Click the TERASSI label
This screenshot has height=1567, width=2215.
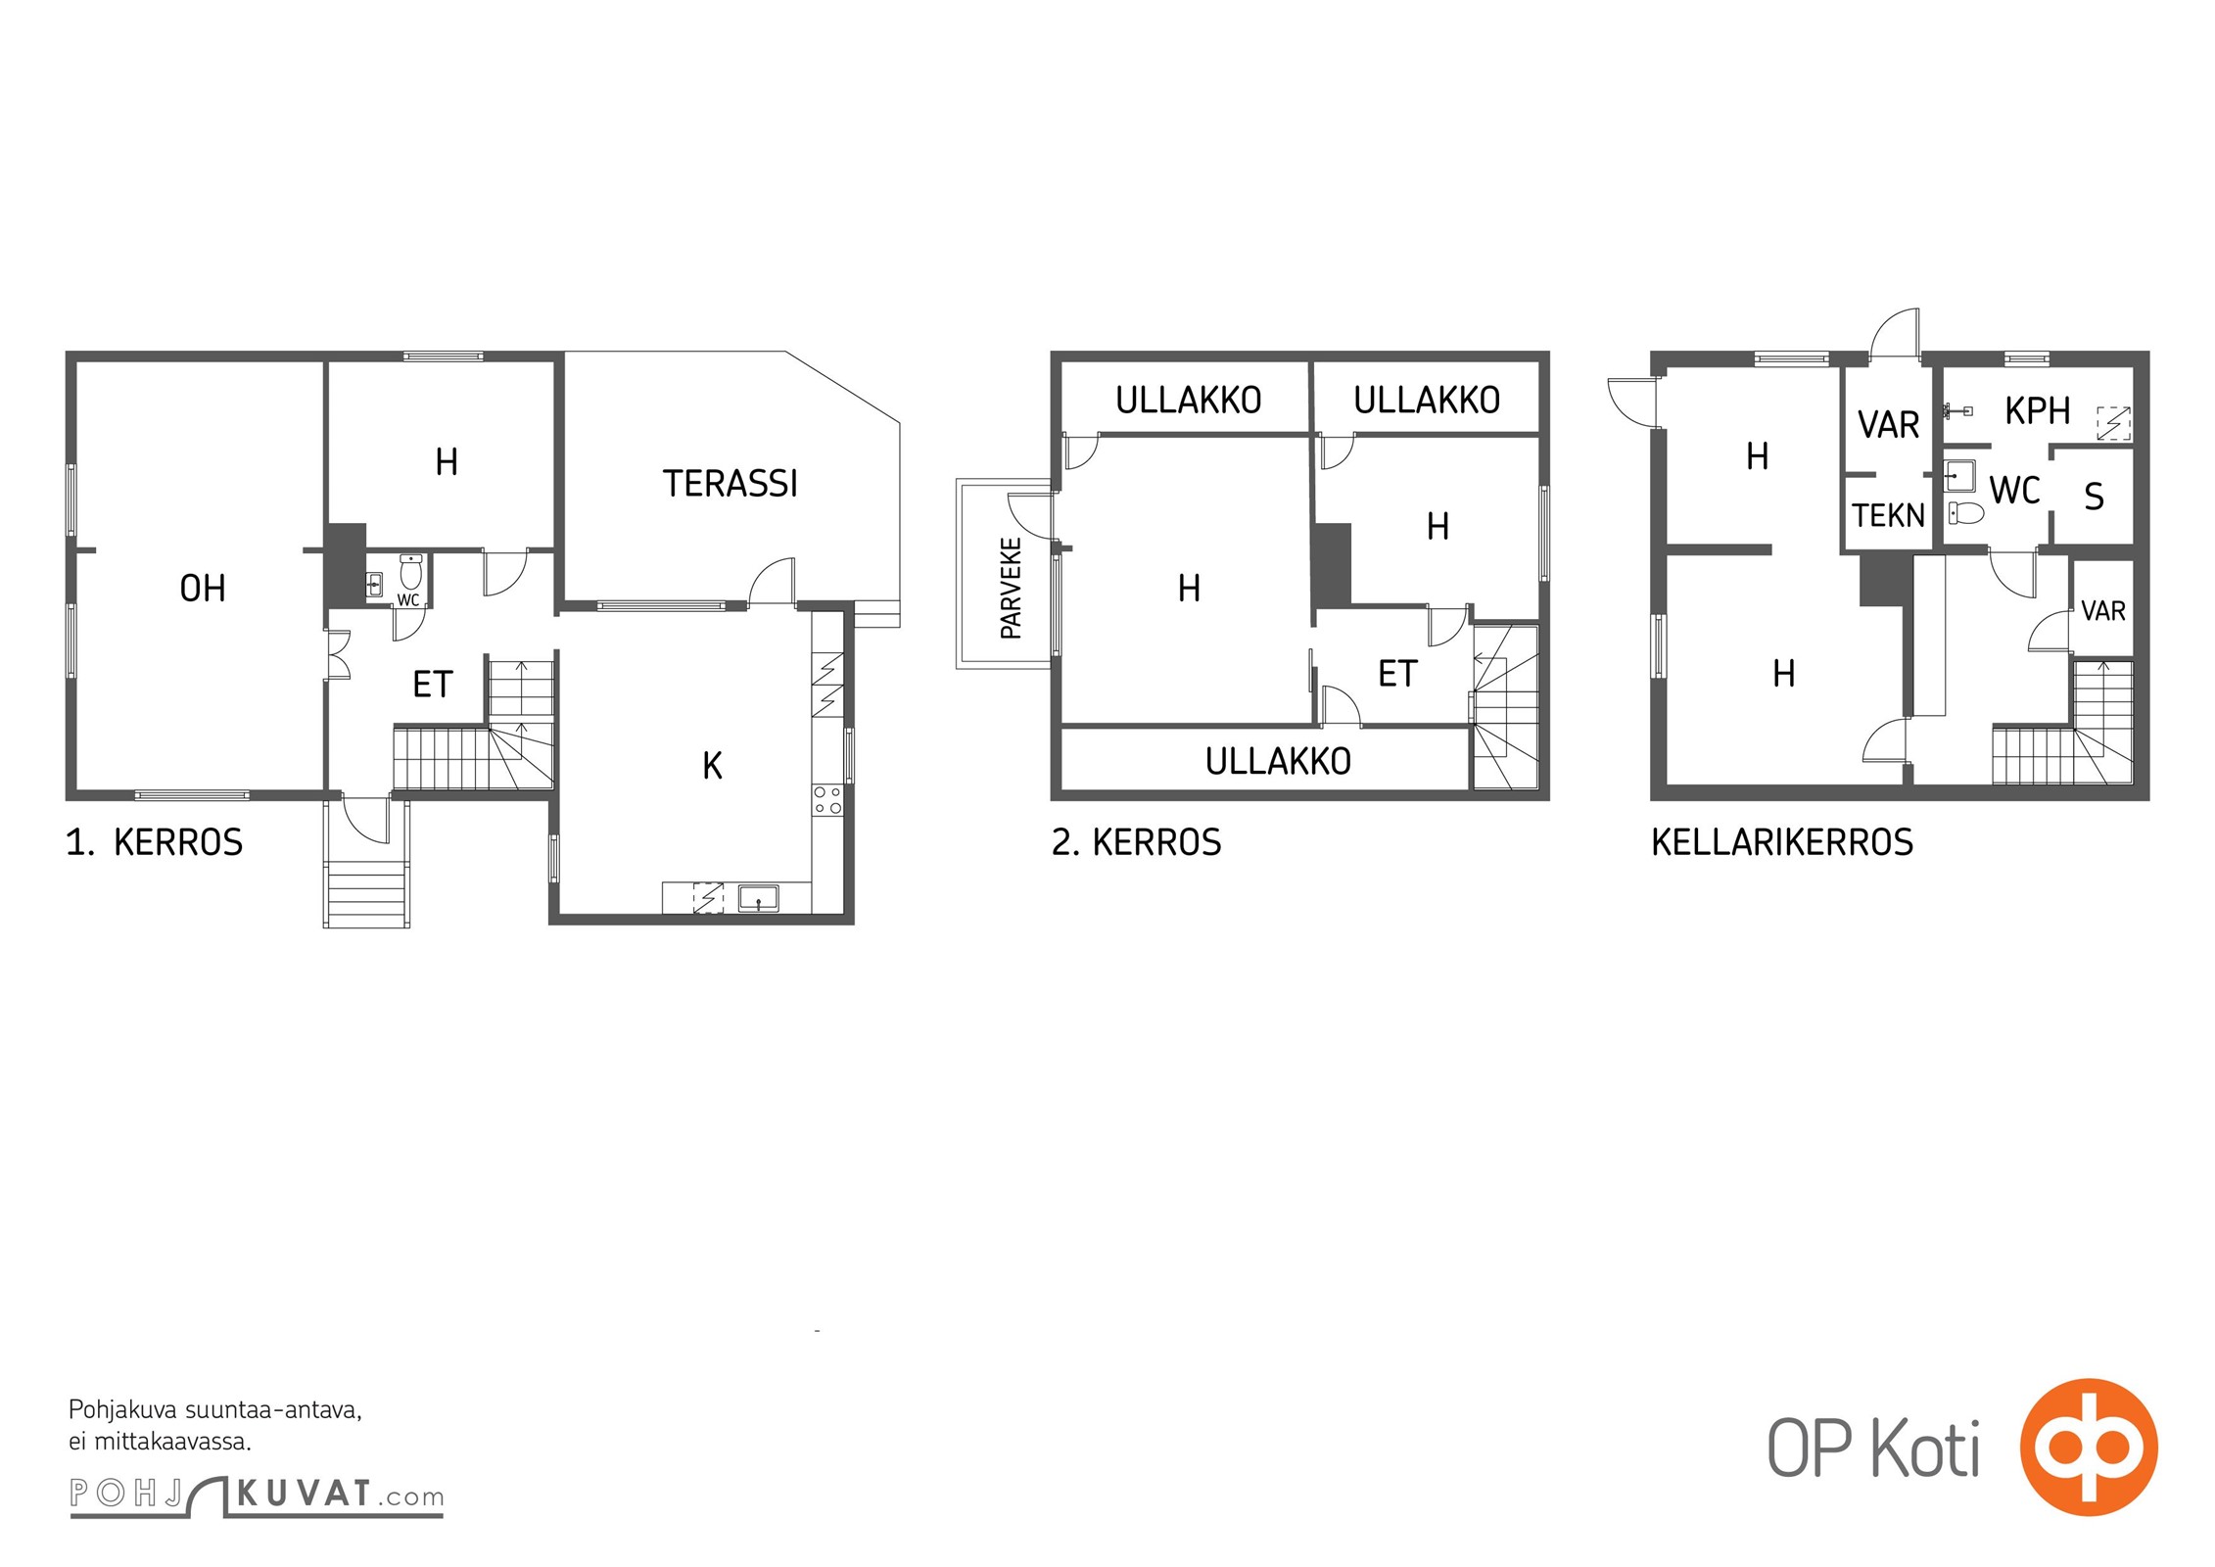click(x=730, y=484)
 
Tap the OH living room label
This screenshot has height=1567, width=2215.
click(x=203, y=589)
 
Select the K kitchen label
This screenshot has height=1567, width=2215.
click(x=712, y=766)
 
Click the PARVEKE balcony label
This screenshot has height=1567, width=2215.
click(x=1011, y=588)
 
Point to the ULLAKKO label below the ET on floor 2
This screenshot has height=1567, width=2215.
click(x=1278, y=761)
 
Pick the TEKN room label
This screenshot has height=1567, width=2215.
click(x=1888, y=515)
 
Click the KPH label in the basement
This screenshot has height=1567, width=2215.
click(x=2037, y=411)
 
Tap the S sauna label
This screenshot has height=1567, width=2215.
click(x=2094, y=498)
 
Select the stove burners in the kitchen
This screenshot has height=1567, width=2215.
click(x=827, y=800)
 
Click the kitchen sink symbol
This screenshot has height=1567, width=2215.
click(x=758, y=898)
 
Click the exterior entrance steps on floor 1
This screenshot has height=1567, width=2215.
click(x=366, y=892)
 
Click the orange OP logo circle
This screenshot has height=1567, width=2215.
click(x=2088, y=1447)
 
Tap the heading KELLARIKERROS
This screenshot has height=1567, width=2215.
click(x=1782, y=842)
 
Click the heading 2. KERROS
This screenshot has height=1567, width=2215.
click(x=1136, y=842)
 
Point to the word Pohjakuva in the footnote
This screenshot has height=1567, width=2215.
click(x=123, y=1411)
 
